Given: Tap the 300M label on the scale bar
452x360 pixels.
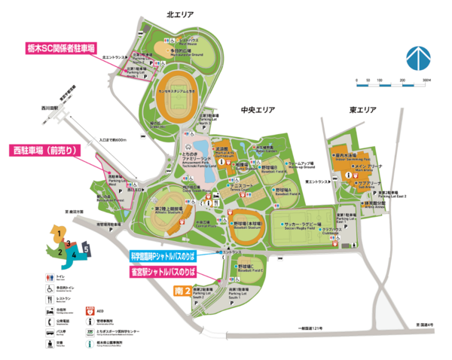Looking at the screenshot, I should (x=426, y=80).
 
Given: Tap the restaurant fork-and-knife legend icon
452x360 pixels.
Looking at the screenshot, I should (x=48, y=298).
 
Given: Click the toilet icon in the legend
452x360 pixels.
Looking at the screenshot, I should (x=48, y=277).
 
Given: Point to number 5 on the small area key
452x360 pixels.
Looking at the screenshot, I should (x=87, y=247).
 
